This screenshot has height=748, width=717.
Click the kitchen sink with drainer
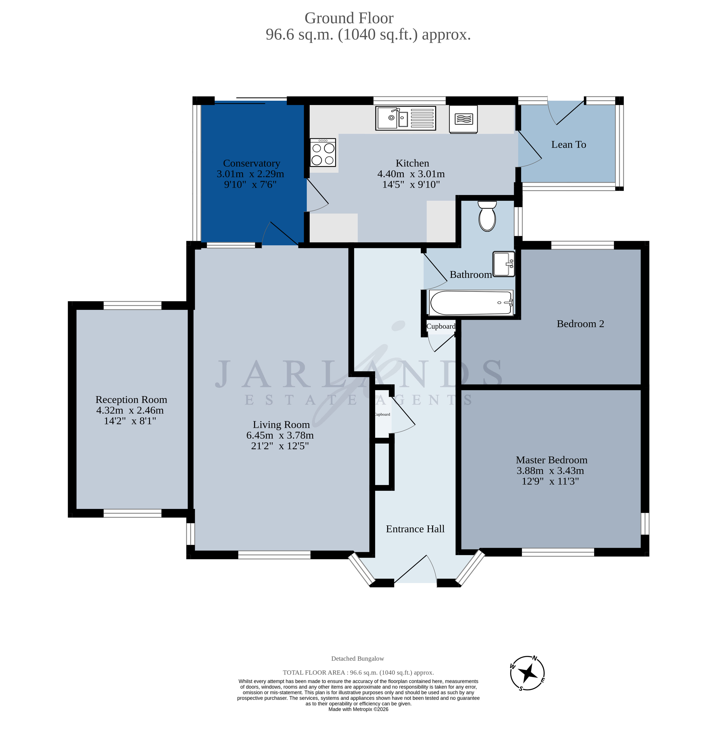point(405,118)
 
